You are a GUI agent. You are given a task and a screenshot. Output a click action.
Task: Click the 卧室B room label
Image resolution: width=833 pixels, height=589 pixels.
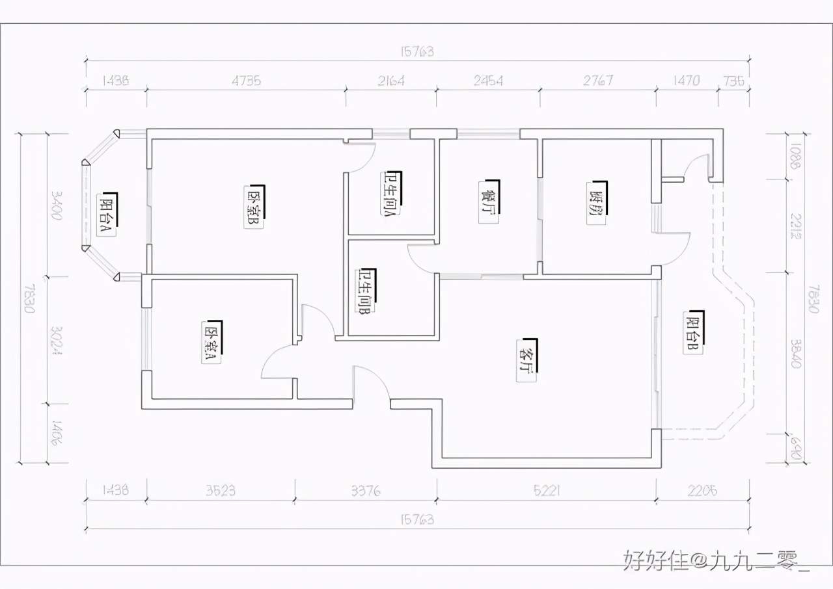point(254,207)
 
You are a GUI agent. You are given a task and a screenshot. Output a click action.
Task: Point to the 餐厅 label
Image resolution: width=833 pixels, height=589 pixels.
point(488,202)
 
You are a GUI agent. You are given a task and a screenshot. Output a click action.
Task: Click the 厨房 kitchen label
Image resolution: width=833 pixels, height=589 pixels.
point(595,203)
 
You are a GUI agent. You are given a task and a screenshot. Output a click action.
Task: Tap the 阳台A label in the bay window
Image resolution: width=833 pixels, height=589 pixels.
point(107,214)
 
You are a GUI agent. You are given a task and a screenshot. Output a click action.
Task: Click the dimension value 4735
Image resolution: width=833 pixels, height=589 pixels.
point(246,81)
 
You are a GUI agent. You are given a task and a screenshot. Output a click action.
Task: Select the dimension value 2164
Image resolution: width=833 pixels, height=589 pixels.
point(390,81)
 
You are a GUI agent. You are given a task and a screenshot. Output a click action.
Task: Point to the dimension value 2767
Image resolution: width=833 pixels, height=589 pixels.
point(597,81)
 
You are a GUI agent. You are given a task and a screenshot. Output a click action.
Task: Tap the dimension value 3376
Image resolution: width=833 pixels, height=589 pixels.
point(365,490)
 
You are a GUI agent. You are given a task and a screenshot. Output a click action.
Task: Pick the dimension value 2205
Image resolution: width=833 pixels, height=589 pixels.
point(702,490)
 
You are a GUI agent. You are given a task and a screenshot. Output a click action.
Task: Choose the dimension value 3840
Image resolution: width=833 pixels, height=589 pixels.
point(795,352)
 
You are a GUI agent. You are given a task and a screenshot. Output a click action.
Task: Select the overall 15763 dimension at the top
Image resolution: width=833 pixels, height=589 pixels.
point(416,51)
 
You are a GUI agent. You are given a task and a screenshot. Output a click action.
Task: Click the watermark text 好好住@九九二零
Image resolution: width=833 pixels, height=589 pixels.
point(716,560)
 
